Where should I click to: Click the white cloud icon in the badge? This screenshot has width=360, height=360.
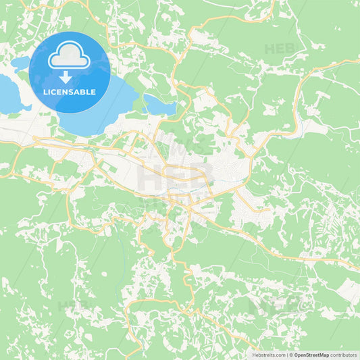[x=70, y=57]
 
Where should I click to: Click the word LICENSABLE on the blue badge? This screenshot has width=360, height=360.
[x=70, y=92]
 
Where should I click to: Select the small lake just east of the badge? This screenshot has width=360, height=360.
[x=159, y=105]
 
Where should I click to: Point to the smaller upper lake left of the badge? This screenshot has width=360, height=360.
[x=20, y=64]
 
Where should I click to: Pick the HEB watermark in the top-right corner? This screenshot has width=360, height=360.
[x=280, y=49]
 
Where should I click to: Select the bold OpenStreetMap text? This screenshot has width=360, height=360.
[x=311, y=355]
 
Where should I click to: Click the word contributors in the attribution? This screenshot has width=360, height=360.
[x=344, y=355]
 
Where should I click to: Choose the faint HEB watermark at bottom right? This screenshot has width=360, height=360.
[x=270, y=304]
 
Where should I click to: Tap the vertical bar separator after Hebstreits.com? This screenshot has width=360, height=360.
[x=287, y=355]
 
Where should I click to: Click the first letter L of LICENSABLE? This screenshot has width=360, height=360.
[x=45, y=92]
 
